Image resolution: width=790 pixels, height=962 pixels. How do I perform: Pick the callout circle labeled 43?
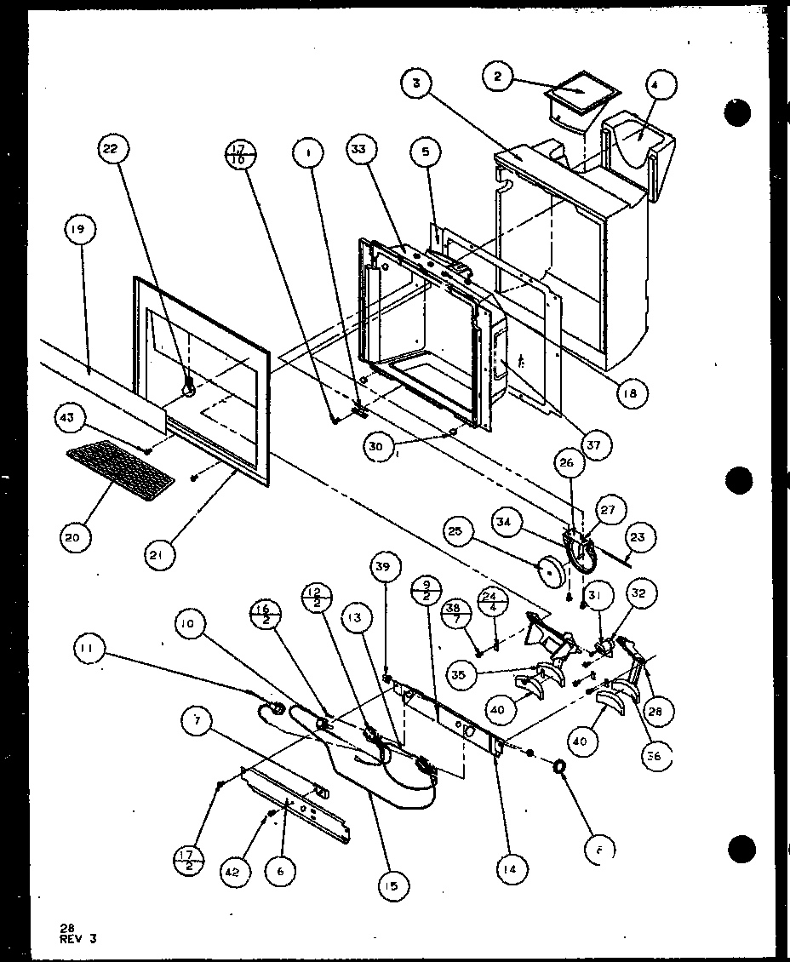68,416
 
